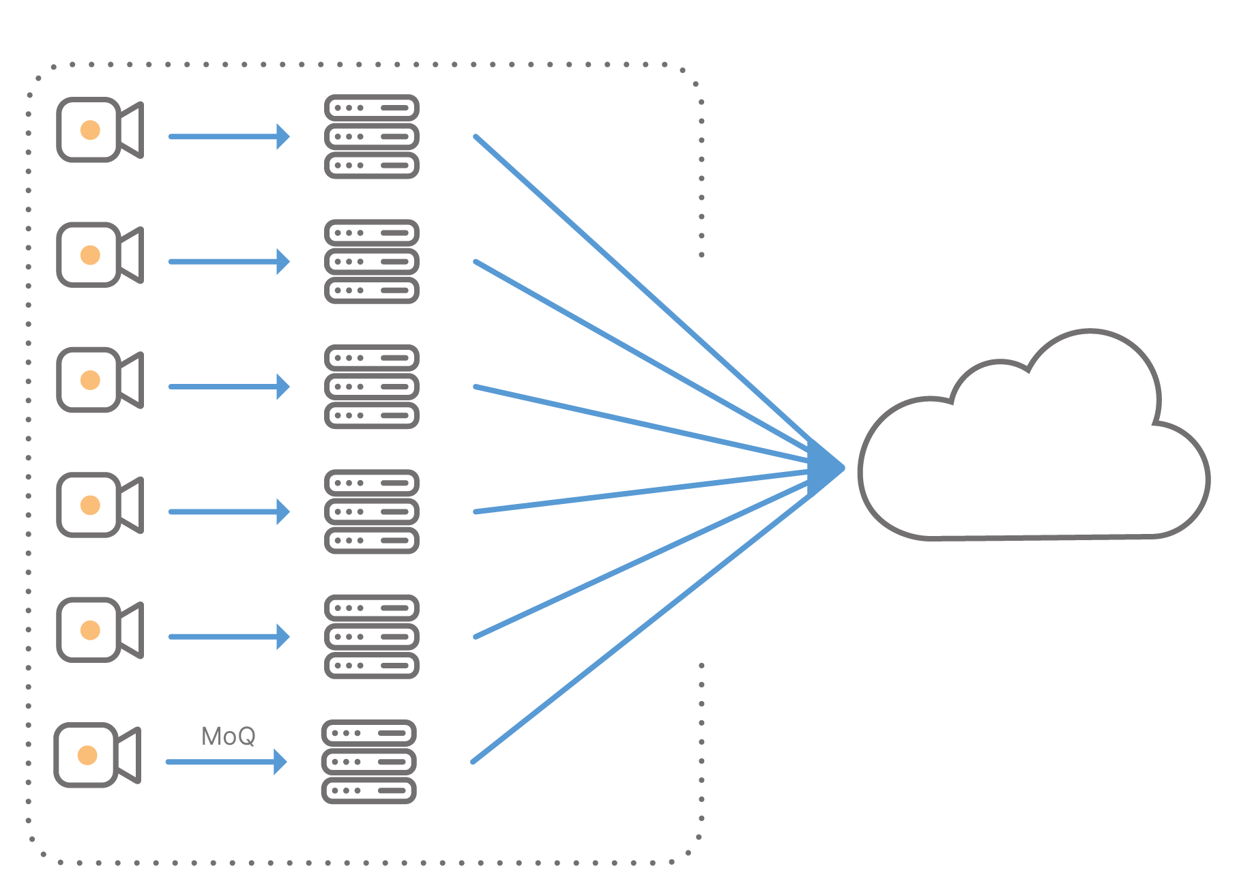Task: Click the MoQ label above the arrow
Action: tap(229, 737)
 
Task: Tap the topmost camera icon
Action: tap(99, 130)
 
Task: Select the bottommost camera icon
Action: tap(97, 755)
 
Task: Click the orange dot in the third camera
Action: tap(90, 380)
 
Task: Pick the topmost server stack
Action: tap(371, 136)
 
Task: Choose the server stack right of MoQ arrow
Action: tap(368, 762)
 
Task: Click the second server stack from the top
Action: tap(371, 261)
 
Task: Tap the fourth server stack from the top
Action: tap(371, 511)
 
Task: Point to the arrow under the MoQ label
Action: tap(225, 762)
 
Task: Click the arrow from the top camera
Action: tap(229, 136)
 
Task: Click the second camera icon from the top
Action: tap(99, 254)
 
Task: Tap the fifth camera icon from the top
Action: tap(99, 629)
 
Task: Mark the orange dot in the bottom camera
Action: tap(87, 755)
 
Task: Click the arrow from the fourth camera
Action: tap(229, 511)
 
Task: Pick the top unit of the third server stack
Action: tap(371, 358)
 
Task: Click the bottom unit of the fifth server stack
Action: tap(371, 665)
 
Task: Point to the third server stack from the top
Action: tap(371, 387)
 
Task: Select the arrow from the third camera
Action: tap(229, 387)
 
